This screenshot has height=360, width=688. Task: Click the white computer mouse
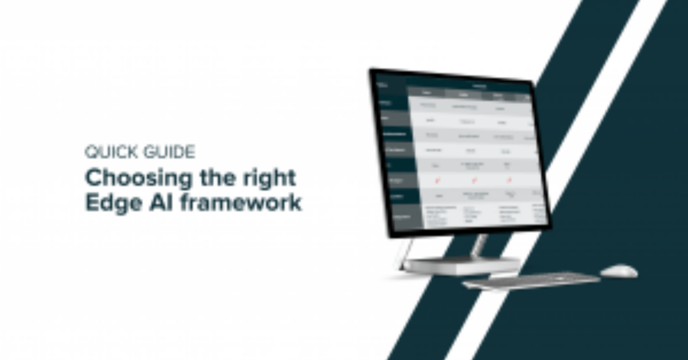[619, 271]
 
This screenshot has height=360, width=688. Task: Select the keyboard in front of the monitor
[530, 280]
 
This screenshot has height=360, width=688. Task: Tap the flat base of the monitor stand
[462, 265]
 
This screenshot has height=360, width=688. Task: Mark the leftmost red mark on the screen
[437, 181]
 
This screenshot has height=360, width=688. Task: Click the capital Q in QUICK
[91, 152]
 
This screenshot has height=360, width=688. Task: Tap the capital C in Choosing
[93, 178]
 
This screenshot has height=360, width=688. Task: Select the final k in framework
[295, 204]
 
